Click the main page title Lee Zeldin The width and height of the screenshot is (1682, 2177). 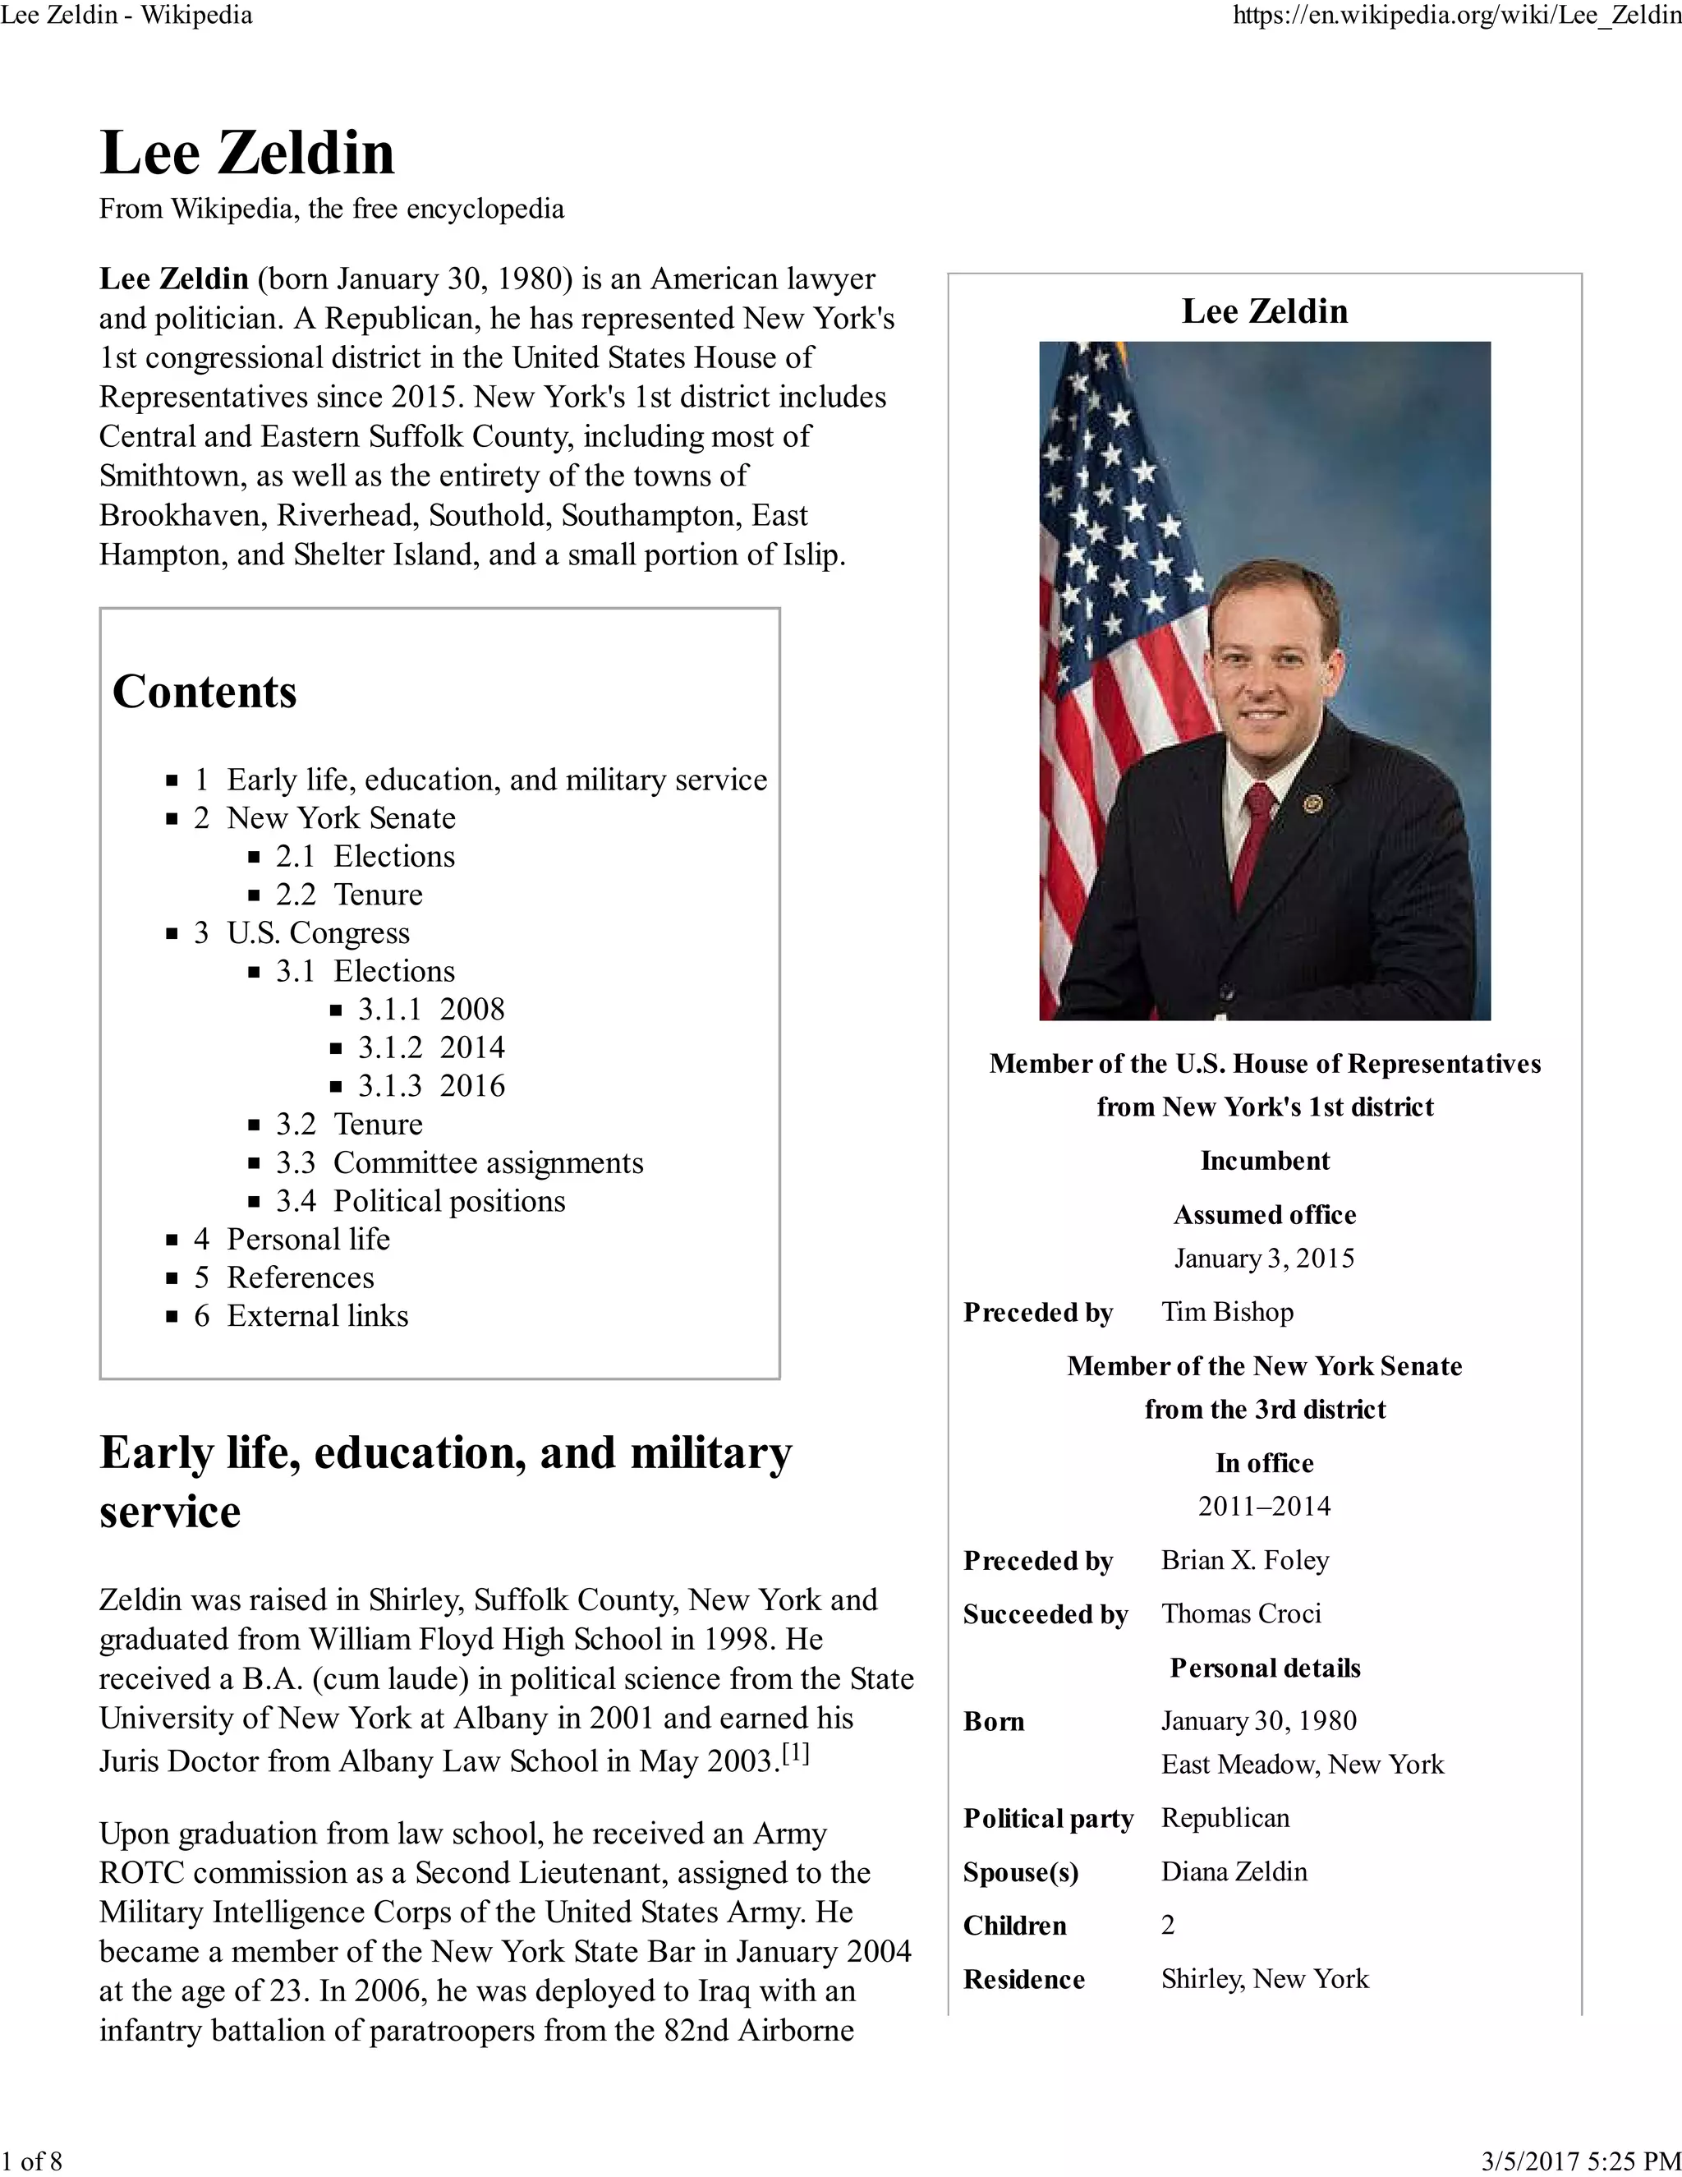pos(247,154)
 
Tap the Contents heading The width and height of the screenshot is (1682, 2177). pos(205,692)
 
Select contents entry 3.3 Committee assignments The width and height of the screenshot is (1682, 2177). pos(459,1162)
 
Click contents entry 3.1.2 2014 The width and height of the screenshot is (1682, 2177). pos(430,1047)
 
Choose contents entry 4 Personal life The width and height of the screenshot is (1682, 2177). pos(292,1239)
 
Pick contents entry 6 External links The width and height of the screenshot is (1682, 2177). pos(301,1316)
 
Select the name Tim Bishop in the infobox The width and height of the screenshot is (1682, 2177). pos(1227,1312)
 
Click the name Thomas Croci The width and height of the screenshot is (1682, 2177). pos(1241,1613)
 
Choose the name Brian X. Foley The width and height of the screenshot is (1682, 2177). pos(1244,1560)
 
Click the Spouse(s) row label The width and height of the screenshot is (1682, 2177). pos(1020,1872)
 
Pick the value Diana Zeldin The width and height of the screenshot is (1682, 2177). pos(1234,1871)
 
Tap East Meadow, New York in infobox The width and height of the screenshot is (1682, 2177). pos(1302,1765)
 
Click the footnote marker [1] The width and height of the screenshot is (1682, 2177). pos(795,1753)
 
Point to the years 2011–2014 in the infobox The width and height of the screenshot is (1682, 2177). pos(1263,1506)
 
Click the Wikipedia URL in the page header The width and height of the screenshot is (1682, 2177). pos(1456,16)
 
